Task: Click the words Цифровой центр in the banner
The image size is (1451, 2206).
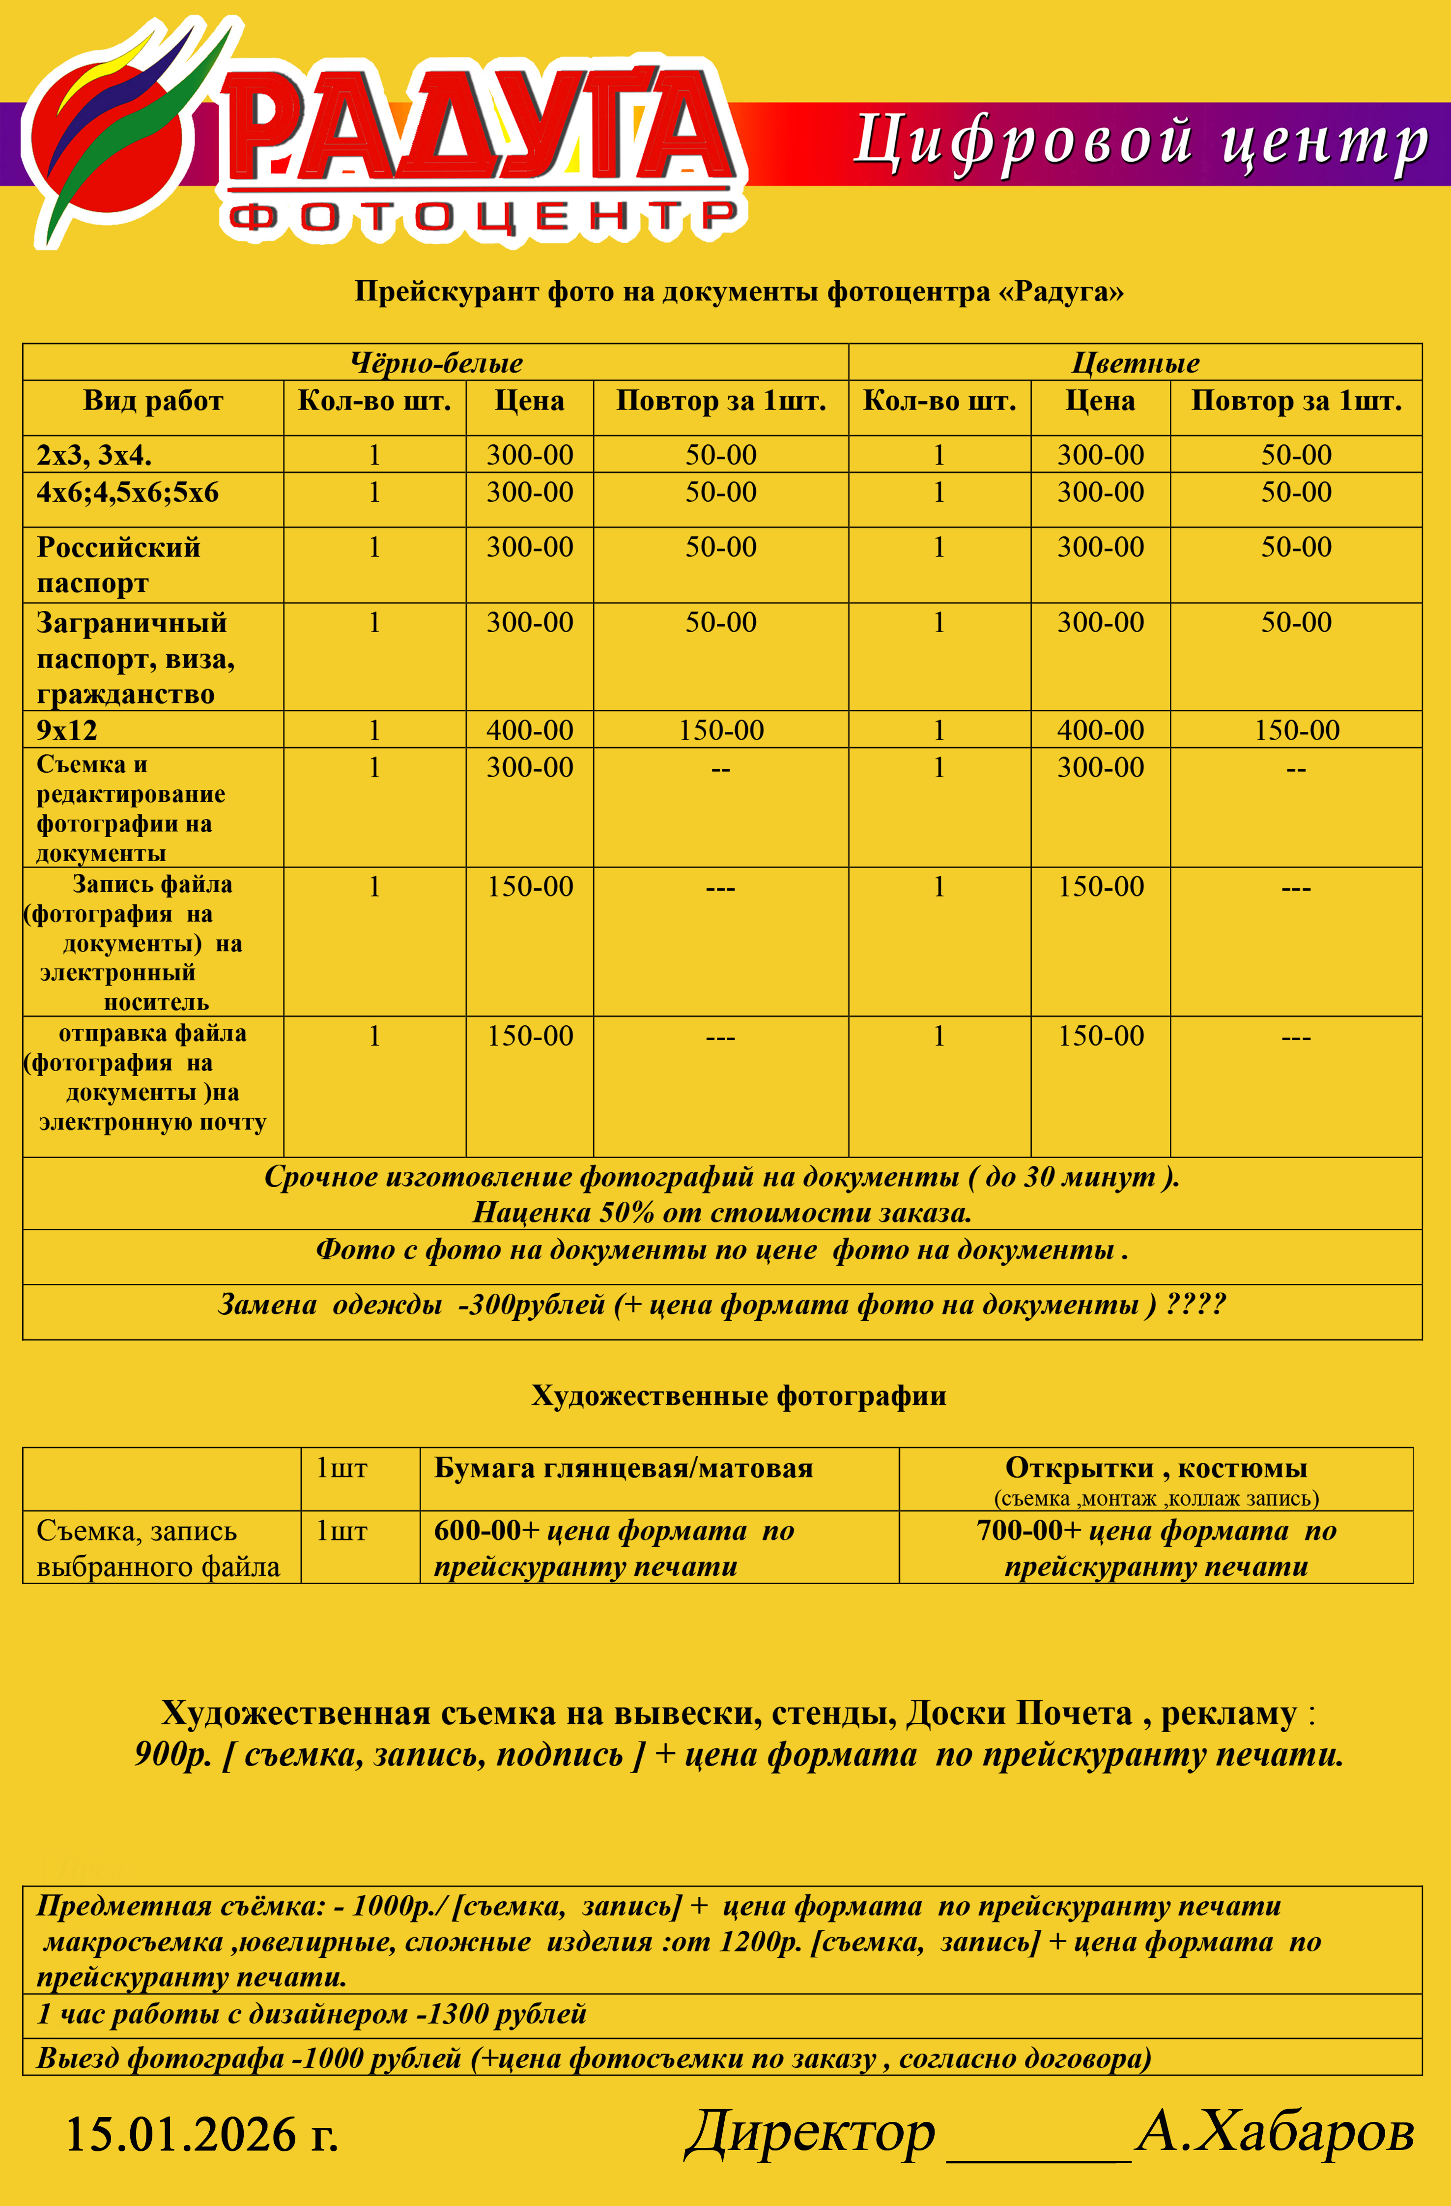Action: (x=1139, y=144)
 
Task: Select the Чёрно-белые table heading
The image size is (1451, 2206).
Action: (x=435, y=362)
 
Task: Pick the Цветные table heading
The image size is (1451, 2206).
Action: (x=1135, y=362)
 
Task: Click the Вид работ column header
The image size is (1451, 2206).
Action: (x=153, y=402)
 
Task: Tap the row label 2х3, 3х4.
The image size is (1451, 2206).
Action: (x=93, y=455)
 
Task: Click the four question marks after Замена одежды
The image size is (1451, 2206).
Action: (x=1195, y=1304)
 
